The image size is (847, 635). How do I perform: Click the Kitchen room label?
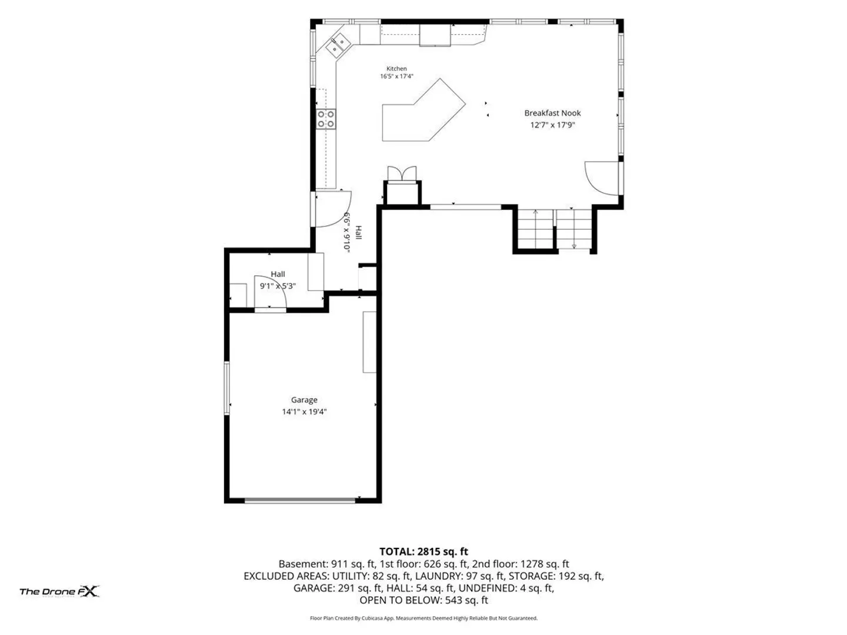point(396,69)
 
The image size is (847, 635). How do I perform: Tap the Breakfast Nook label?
point(552,113)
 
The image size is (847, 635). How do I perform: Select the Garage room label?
point(304,400)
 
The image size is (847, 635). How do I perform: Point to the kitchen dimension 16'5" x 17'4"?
point(396,76)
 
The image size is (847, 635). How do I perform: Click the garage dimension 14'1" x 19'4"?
point(304,412)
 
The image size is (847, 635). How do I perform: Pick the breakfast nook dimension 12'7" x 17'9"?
point(552,125)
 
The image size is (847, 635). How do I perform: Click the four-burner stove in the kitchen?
point(326,119)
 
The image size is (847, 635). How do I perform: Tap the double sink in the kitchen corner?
point(337,45)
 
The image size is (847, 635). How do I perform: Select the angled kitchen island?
point(423,112)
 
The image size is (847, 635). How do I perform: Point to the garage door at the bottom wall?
point(300,500)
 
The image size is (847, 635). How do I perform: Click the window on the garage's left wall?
point(227,388)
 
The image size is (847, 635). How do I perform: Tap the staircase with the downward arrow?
point(574,229)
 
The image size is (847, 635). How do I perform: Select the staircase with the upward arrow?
point(535,229)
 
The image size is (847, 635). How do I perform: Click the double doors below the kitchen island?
point(402,173)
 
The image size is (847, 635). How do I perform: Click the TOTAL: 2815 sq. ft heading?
point(423,552)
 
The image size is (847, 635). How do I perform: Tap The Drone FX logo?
point(60,591)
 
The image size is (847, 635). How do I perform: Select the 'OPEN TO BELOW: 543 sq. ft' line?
point(423,600)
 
